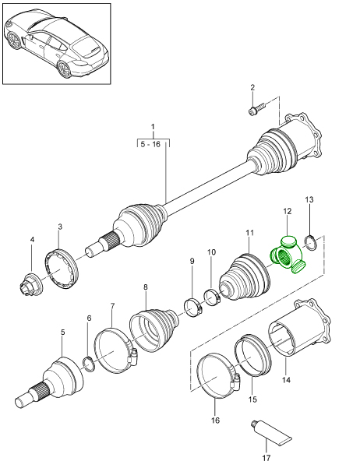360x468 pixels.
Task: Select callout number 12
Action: (x=287, y=211)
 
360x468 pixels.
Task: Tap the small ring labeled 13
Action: (x=309, y=243)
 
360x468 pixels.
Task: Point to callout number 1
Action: (x=153, y=126)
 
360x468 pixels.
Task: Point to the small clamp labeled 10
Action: (x=213, y=296)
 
